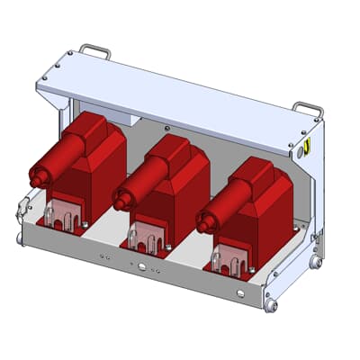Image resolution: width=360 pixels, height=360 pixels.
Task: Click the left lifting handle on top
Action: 94,50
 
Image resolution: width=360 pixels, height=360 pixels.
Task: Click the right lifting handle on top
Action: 308,109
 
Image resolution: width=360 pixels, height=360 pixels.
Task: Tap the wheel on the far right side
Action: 316,261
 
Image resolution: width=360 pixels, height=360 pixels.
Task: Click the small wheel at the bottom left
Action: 20,238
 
